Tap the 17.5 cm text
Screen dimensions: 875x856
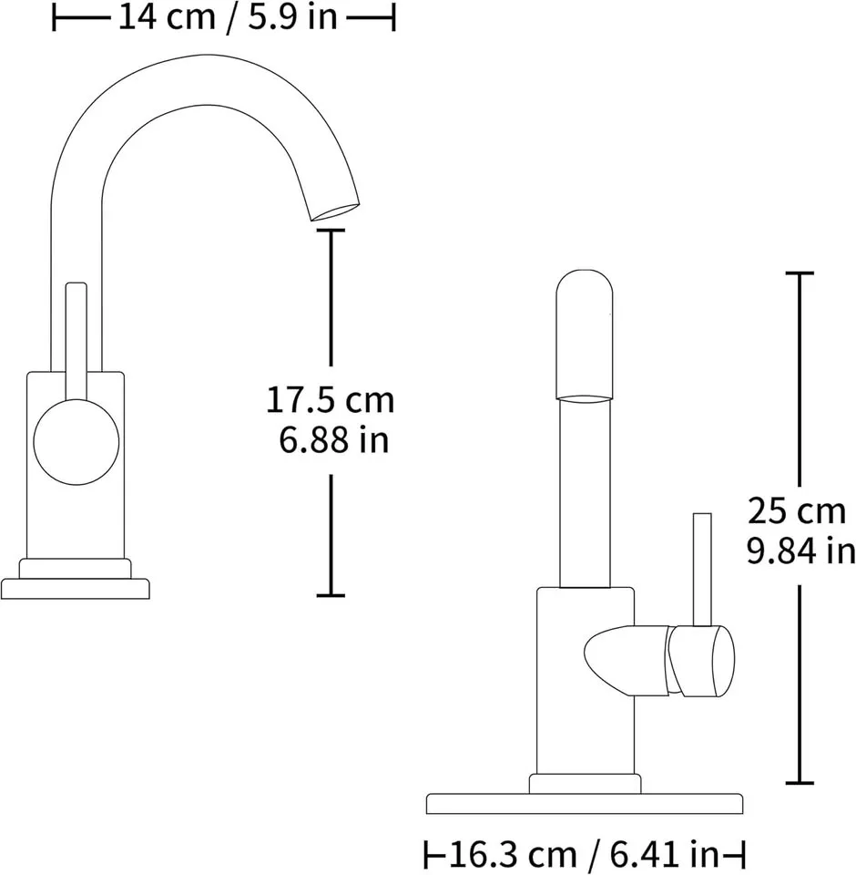(330, 399)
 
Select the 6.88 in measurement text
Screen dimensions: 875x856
(333, 440)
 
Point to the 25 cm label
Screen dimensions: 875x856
(797, 511)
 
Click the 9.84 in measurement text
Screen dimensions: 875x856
(800, 551)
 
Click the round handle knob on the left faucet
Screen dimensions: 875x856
(76, 443)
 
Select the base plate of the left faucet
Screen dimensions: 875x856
(75, 589)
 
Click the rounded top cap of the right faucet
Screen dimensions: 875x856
(583, 333)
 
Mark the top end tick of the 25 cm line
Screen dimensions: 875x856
(800, 273)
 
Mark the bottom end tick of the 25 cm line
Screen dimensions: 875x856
(800, 782)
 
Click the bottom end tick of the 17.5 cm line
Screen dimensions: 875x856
(331, 595)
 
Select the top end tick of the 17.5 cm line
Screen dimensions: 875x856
(331, 231)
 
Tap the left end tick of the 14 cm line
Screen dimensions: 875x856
(55, 17)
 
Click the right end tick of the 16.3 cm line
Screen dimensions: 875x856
(744, 855)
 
